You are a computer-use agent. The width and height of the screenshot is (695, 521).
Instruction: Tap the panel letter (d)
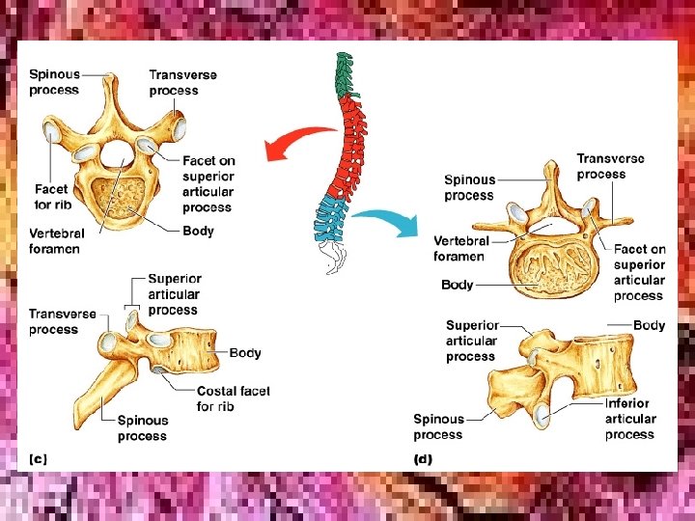click(423, 459)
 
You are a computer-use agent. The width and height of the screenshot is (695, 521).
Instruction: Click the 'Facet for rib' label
click(51, 196)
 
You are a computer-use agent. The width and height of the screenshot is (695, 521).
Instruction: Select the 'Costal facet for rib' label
click(233, 398)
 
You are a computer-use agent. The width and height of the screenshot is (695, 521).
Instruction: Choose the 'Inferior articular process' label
click(630, 419)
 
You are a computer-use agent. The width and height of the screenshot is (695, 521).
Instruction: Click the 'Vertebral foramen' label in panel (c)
click(56, 240)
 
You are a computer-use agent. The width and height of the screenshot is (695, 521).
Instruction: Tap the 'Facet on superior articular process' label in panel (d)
click(639, 272)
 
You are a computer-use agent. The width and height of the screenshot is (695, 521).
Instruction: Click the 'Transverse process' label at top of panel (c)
click(182, 82)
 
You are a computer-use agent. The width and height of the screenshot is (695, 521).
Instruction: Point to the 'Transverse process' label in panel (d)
click(610, 166)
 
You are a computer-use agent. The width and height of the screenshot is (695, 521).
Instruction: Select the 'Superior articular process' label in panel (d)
click(472, 341)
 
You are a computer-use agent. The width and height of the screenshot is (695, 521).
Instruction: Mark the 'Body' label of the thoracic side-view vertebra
click(245, 353)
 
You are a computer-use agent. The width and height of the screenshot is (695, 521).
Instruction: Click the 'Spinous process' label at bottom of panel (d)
click(438, 426)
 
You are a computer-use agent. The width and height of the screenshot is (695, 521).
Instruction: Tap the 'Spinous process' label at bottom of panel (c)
click(143, 427)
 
